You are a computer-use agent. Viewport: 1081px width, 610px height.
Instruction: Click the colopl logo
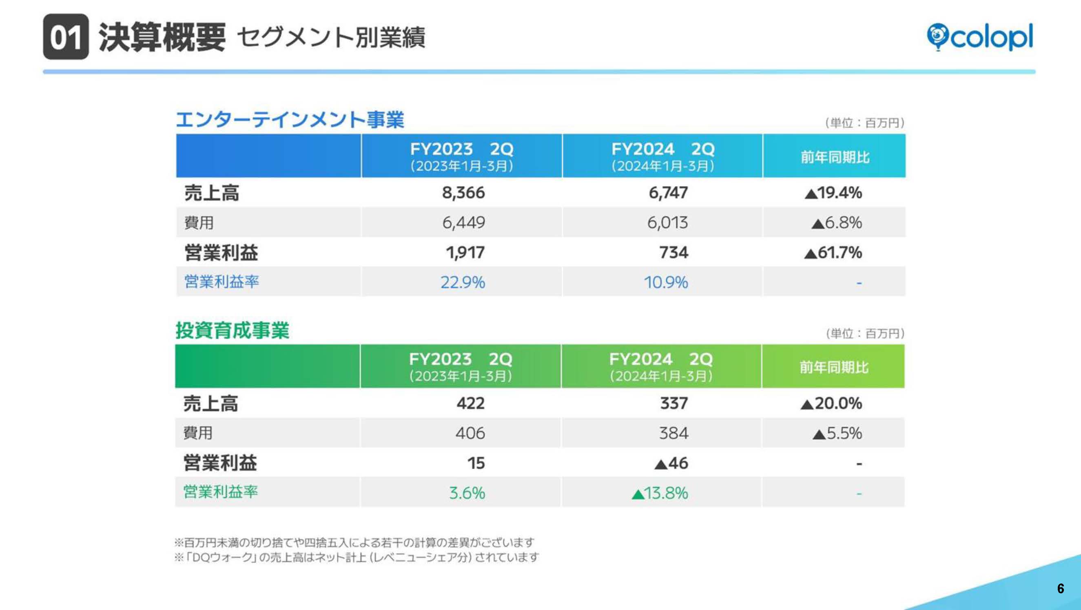(x=979, y=37)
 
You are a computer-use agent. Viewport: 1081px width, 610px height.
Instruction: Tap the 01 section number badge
(x=66, y=37)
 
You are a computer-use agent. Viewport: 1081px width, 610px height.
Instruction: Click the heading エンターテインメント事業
(x=290, y=120)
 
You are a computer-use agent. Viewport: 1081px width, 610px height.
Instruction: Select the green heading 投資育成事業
(x=232, y=330)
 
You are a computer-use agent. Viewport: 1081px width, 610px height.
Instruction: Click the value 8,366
(x=463, y=193)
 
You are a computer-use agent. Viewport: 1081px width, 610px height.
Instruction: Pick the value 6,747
(x=668, y=193)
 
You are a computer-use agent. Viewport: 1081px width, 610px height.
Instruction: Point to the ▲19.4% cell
(x=833, y=193)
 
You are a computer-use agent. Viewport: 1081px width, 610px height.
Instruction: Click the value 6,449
(x=463, y=222)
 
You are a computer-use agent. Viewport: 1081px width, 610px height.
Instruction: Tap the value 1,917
(x=465, y=252)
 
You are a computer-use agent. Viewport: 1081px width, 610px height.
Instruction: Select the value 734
(x=673, y=252)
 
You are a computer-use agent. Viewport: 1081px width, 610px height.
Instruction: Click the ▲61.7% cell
(x=833, y=252)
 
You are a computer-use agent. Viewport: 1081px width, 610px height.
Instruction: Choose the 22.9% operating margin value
(x=463, y=282)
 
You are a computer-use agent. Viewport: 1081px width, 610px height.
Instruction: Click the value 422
(x=470, y=403)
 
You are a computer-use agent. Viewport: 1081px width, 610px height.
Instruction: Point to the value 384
(x=673, y=433)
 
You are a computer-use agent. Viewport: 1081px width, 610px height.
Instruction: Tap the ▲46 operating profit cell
(x=671, y=463)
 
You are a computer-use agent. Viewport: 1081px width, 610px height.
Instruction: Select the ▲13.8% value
(x=660, y=493)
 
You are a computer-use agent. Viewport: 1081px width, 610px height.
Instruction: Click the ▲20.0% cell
(x=831, y=403)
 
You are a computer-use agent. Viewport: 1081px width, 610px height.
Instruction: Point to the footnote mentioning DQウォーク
(x=356, y=557)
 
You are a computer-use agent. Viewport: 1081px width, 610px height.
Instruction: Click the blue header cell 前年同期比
(x=835, y=157)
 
